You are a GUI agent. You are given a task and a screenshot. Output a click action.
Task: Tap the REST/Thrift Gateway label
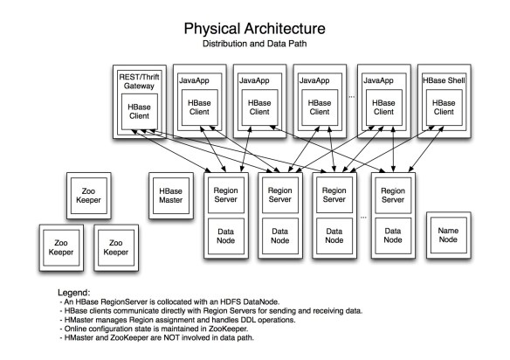139,79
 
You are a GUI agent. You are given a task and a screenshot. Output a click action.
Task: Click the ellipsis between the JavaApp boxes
350,96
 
